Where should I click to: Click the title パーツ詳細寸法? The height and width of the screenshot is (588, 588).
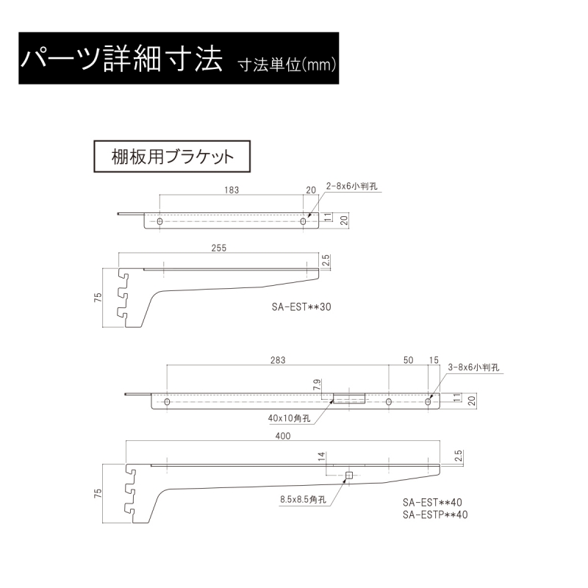121,59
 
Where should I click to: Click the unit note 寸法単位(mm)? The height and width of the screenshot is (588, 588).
287,65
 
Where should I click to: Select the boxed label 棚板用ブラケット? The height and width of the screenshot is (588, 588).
172,157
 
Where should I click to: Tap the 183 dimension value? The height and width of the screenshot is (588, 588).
232,190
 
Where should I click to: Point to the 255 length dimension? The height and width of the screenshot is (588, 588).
219,248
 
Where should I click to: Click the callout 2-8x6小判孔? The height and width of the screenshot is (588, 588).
352,186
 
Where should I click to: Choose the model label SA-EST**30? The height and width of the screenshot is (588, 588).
301,306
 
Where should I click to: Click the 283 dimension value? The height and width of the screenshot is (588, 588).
278,360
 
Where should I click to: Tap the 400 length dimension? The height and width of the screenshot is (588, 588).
283,436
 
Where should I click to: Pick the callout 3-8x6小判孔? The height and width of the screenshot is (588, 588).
473,367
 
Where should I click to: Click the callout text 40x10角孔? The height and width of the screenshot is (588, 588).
289,418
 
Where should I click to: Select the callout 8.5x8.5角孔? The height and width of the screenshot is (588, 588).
303,500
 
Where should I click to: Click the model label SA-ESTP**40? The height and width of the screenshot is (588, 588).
435,514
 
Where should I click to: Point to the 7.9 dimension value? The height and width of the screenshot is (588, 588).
318,384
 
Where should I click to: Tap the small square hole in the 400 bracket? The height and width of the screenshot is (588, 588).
349,476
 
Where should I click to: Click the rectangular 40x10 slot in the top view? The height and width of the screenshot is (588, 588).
349,398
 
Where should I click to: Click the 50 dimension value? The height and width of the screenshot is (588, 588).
409,360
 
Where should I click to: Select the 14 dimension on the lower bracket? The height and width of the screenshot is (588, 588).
322,456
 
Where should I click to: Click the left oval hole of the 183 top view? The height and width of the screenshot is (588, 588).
159,221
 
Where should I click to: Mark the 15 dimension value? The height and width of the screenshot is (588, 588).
434,360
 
